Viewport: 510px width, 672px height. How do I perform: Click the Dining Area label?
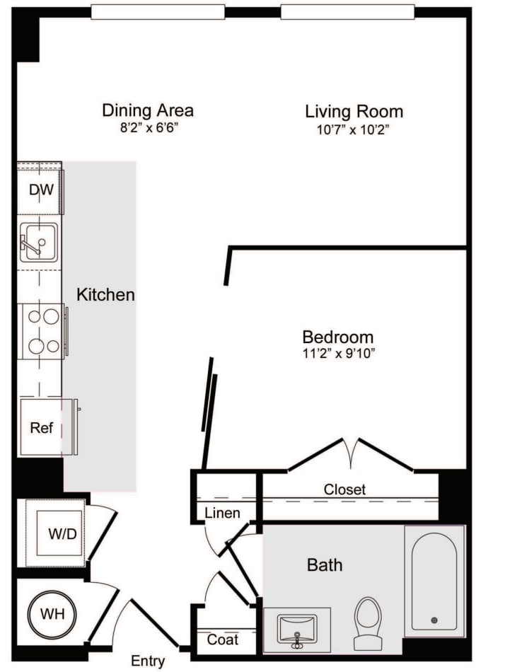point(148,110)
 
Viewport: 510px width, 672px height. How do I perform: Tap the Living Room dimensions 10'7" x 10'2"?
point(354,129)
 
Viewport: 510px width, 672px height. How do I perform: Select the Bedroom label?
point(337,337)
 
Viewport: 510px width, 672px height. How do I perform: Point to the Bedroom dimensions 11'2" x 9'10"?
point(337,354)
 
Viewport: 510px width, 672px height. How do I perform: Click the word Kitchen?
point(105,294)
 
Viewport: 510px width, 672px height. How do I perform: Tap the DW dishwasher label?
point(41,190)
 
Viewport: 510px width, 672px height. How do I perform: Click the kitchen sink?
point(38,243)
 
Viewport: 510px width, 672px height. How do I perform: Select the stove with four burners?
point(42,331)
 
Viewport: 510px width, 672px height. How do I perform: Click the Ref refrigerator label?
point(41,428)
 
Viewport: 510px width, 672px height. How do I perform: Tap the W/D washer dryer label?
point(62,533)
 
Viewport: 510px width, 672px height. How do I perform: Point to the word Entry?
point(148,661)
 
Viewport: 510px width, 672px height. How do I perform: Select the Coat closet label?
point(222,640)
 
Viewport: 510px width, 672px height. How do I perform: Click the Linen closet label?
point(222,513)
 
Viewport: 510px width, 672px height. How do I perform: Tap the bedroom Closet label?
point(344,489)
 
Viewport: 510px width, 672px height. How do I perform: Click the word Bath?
point(325,564)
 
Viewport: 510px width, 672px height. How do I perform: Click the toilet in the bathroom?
point(367,623)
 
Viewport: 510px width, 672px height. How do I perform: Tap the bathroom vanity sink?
point(297,629)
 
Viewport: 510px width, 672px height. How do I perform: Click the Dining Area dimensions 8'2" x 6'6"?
point(148,129)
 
